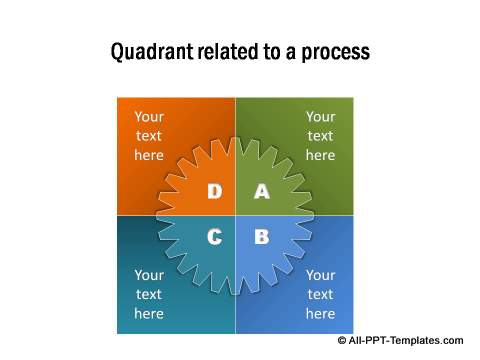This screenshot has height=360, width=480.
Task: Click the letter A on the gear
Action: [x=261, y=191]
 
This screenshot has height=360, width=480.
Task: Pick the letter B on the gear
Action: [x=261, y=237]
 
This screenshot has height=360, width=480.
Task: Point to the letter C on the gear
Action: [x=214, y=237]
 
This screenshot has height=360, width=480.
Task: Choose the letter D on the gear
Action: [x=214, y=191]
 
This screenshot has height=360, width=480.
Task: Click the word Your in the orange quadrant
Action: [x=149, y=116]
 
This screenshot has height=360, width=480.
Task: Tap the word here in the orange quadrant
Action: [x=149, y=155]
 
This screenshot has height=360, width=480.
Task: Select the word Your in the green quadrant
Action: [x=320, y=116]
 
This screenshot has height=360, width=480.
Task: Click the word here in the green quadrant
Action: [x=320, y=155]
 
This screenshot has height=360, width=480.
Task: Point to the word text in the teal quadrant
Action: [x=149, y=294]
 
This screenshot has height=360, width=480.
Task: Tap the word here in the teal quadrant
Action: [x=149, y=313]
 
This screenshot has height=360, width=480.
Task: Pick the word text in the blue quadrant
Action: [x=320, y=294]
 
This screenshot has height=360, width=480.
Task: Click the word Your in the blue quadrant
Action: [x=320, y=275]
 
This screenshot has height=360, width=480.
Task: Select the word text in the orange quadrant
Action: [x=149, y=136]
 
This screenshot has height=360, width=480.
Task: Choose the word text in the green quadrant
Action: [x=320, y=136]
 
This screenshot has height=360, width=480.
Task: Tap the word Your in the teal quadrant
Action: [x=149, y=275]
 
